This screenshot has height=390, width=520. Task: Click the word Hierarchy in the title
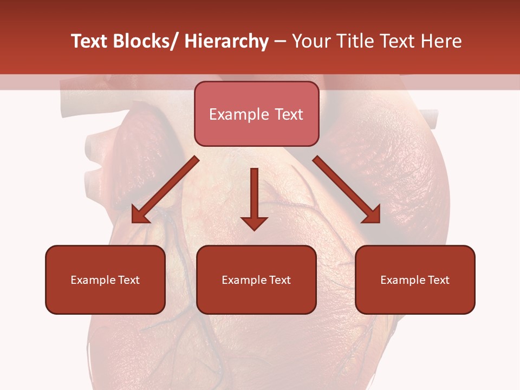(226, 41)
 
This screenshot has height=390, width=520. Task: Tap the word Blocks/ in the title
(145, 41)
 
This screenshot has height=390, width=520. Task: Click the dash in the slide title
(280, 42)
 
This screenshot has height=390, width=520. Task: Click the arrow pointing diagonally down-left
(165, 191)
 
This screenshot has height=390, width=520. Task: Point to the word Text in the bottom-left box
(128, 280)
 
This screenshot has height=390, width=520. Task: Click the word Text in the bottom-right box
(438, 280)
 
